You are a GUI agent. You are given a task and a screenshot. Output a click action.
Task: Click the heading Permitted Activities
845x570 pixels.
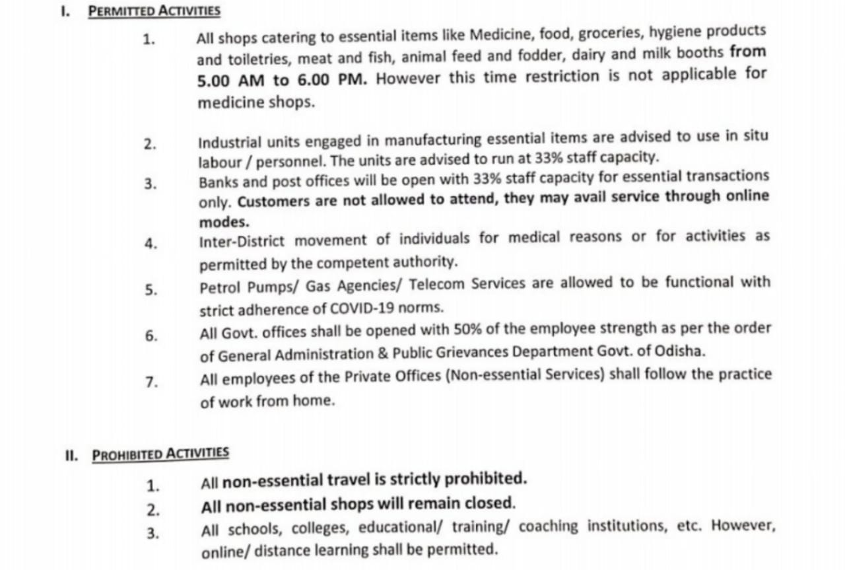154,11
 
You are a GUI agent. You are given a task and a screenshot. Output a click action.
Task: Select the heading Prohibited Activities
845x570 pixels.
160,454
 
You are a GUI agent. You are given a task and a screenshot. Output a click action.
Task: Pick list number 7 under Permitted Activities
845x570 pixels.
151,382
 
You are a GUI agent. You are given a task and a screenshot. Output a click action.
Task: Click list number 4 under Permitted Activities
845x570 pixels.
151,243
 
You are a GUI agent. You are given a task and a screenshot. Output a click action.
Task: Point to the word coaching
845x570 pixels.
549,527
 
